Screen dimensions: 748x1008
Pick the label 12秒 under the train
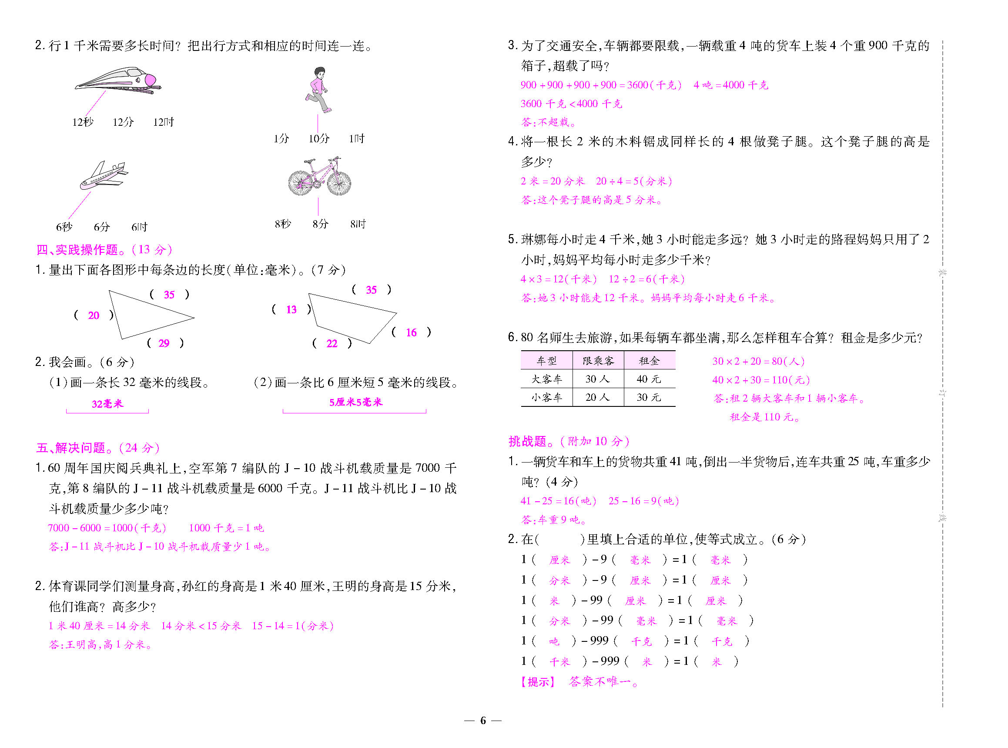tap(83, 122)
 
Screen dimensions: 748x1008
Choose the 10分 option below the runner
tap(319, 138)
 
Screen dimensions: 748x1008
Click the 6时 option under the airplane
tap(139, 227)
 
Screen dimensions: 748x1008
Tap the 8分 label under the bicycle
tap(320, 224)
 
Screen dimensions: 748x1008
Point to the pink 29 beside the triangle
tap(164, 343)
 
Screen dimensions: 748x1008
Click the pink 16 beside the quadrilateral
tap(411, 333)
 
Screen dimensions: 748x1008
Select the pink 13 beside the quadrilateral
tap(291, 310)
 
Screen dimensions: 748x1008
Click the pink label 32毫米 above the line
tap(107, 404)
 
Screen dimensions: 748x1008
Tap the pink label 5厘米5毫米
tap(356, 402)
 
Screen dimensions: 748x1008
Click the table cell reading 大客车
tap(546, 379)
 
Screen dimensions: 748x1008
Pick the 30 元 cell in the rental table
tap(649, 397)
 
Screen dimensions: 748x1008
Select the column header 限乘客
tap(598, 361)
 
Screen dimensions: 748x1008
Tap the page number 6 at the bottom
tap(483, 721)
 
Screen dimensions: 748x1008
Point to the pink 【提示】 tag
tap(537, 682)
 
